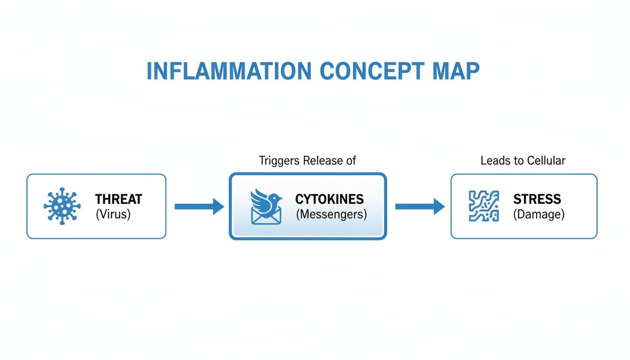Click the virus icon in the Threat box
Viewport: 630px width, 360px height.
click(61, 206)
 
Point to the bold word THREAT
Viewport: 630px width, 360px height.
click(118, 199)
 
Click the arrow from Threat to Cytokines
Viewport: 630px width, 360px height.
click(199, 206)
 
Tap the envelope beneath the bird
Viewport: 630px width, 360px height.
click(266, 216)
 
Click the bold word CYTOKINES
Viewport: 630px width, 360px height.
click(329, 199)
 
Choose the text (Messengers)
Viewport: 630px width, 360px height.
click(331, 215)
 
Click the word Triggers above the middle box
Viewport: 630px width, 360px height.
click(279, 161)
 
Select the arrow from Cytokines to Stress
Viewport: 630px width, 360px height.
click(420, 206)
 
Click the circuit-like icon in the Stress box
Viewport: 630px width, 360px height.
click(484, 206)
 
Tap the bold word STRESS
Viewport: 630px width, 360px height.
click(537, 199)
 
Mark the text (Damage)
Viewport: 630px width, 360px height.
click(539, 215)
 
